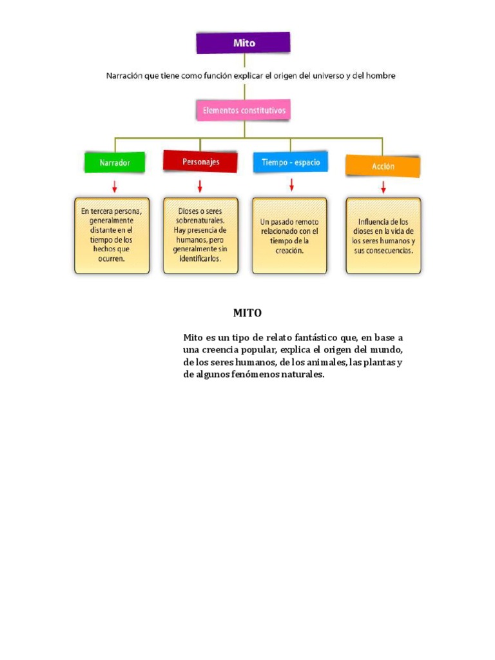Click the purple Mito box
coord(243,43)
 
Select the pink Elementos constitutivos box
coord(244,110)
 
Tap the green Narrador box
coord(115,162)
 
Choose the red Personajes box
coord(200,162)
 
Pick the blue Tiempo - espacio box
coord(291,162)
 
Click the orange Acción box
coord(383,166)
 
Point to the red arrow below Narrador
coord(115,187)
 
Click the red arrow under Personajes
coord(200,186)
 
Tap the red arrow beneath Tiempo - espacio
coord(291,185)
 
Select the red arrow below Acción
coord(383,188)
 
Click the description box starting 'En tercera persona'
coord(112,236)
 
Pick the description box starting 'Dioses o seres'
coord(201,236)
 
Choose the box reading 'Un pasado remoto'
coord(289,236)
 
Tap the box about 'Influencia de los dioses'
coord(383,236)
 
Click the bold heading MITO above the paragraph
coord(247,313)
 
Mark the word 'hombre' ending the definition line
coord(380,76)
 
